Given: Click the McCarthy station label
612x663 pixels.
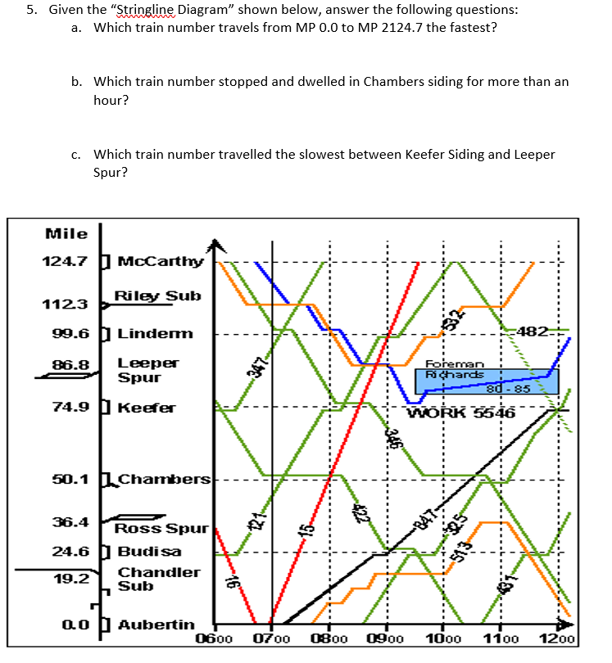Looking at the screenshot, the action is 160,262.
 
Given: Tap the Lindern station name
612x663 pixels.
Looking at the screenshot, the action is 156,333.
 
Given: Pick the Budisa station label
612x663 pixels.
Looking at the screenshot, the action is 148,551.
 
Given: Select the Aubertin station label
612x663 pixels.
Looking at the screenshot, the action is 156,625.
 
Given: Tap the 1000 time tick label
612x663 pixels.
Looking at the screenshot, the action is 444,638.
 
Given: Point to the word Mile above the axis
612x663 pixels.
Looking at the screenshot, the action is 67,233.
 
